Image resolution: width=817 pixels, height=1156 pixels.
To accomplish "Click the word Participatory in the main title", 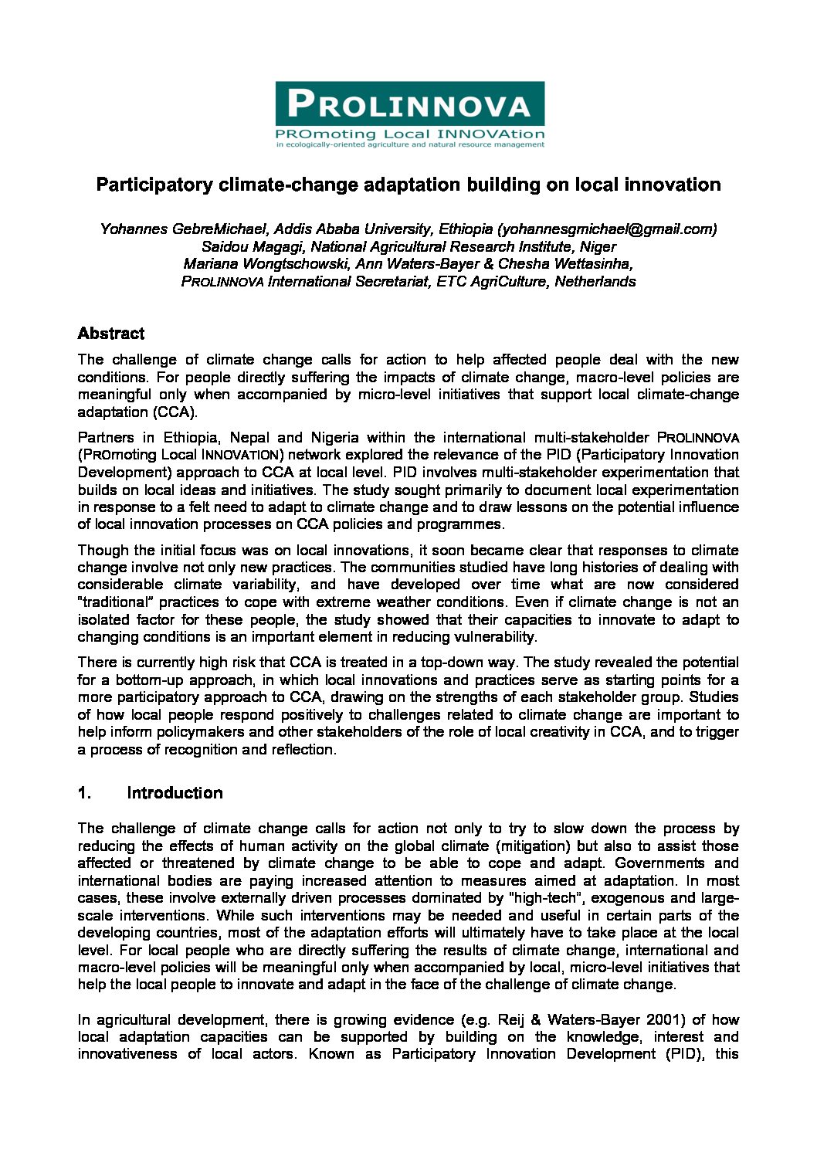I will pos(154,185).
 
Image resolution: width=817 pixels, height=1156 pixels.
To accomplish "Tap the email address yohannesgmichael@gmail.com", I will pos(608,229).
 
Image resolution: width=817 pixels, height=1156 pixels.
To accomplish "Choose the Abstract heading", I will pos(111,334).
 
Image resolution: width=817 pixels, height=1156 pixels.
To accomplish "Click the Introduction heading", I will pos(175,793).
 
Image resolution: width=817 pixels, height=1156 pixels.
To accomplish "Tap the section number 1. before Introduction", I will pos(84,793).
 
